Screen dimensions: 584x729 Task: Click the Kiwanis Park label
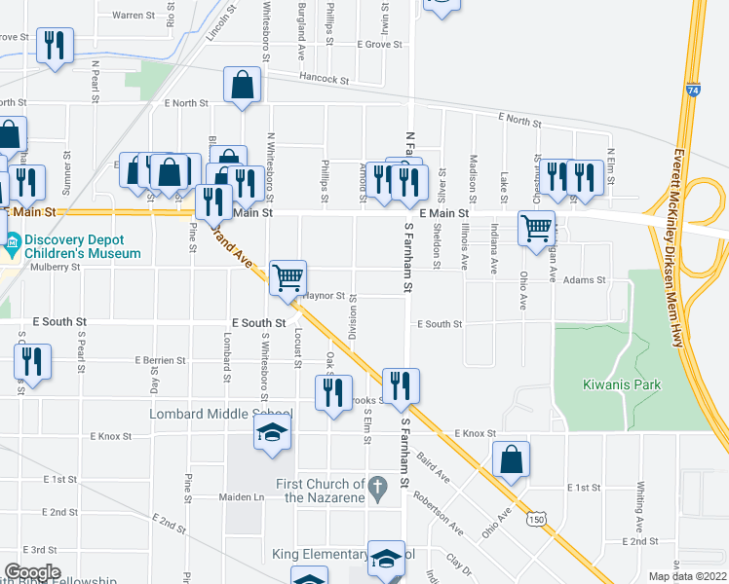624,384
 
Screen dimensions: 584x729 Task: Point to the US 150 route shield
534,521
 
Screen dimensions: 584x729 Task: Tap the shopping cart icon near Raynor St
288,277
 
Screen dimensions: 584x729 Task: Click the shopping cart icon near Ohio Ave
536,228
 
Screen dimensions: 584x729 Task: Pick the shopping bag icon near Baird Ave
510,460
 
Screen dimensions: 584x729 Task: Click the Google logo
32,572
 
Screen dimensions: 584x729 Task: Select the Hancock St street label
325,78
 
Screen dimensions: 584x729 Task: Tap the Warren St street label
134,16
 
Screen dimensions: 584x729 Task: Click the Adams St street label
585,280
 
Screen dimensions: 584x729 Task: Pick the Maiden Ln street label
246,497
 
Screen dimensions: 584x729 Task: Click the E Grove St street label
379,45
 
